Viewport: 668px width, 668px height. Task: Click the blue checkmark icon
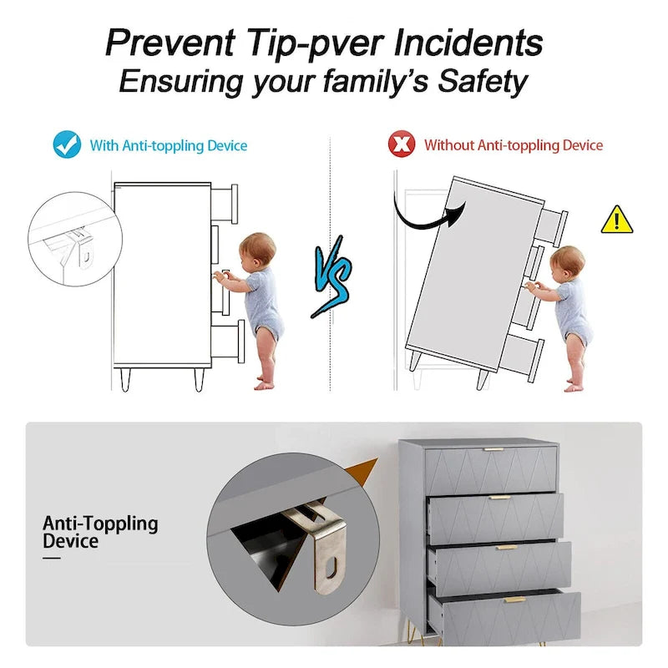pos(68,144)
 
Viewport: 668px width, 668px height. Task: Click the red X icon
pos(402,144)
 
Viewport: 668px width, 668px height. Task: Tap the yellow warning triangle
pos(617,220)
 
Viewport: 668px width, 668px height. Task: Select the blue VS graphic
pos(332,277)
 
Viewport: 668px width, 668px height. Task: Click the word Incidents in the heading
pos(468,43)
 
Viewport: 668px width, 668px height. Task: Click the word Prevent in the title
pos(170,43)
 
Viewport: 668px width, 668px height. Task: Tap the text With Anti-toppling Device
pos(169,145)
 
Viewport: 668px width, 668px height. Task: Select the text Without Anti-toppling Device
pos(514,145)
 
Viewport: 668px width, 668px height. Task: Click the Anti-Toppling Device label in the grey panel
pos(100,532)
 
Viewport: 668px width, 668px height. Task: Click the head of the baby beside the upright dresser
pos(256,249)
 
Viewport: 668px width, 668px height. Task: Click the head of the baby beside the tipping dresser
pos(567,262)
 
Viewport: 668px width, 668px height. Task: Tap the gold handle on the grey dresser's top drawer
pos(493,449)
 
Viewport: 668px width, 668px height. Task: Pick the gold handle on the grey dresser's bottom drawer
pos(514,600)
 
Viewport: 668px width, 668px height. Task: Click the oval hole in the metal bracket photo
pos(331,568)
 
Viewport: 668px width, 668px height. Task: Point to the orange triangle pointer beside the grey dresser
pos(363,472)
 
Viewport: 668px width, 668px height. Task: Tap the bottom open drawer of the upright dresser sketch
pos(228,342)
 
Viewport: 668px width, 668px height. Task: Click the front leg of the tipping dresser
pos(483,378)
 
